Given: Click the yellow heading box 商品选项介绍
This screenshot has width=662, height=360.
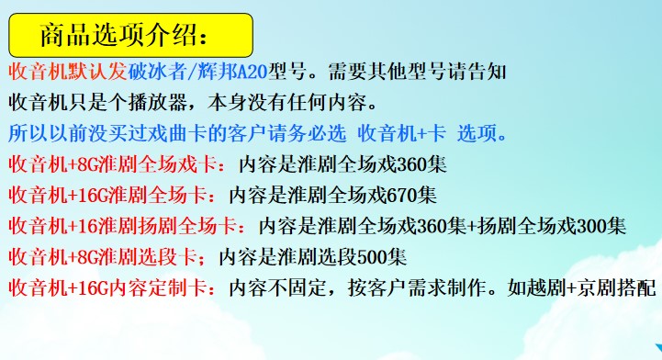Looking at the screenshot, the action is [x=131, y=36].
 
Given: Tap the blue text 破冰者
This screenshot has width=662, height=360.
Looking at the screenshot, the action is [x=157, y=72].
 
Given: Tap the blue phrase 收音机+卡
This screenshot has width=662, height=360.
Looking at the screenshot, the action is [x=402, y=133].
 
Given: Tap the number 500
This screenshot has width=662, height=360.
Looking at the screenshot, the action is [x=372, y=257].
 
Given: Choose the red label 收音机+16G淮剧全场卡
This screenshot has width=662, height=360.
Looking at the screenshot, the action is [x=108, y=195].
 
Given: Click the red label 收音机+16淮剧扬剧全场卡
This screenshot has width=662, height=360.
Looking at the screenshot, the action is [x=122, y=226].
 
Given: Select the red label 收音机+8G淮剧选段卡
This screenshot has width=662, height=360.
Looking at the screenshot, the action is [x=103, y=257].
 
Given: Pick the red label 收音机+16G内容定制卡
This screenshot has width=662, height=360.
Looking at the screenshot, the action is [x=108, y=287].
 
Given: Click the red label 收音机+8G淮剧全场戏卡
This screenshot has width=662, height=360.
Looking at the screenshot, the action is [x=113, y=164].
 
